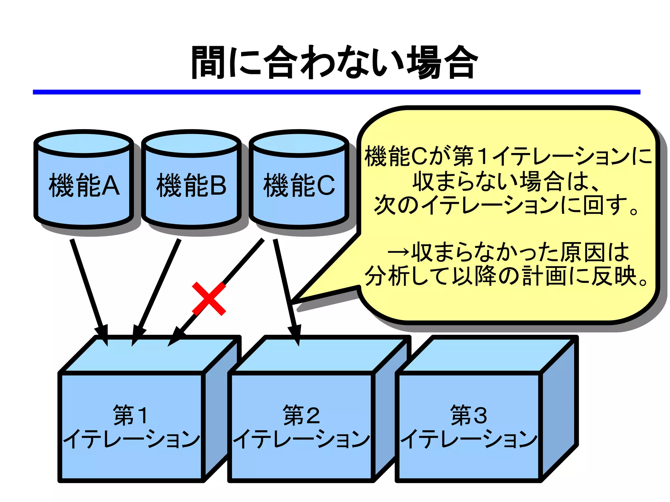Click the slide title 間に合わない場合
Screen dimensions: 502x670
point(334,62)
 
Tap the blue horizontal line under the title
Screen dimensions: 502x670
point(336,92)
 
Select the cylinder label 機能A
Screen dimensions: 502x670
point(84,185)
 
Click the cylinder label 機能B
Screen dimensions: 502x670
point(191,185)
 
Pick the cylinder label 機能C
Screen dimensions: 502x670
point(299,185)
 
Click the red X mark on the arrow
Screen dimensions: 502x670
point(209,299)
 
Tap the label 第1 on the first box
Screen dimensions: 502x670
point(130,415)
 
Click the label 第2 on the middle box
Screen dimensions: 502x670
point(301,415)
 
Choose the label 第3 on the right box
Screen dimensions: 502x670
point(468,415)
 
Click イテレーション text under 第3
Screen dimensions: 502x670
point(468,439)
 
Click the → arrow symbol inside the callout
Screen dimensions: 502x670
point(398,252)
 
